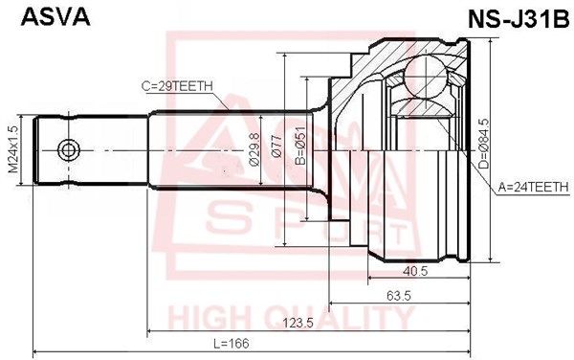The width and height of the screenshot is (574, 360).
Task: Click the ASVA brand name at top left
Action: pyautogui.click(x=55, y=17)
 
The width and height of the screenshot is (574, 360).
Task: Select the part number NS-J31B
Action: pyautogui.click(x=519, y=19)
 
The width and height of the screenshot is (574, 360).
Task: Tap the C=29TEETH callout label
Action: pyautogui.click(x=177, y=86)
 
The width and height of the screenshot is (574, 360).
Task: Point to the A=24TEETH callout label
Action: pyautogui.click(x=534, y=188)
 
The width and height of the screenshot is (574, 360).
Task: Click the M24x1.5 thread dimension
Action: pyautogui.click(x=13, y=149)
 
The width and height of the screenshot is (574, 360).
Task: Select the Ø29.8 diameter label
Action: pyautogui.click(x=254, y=149)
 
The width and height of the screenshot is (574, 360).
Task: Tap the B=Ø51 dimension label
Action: pyautogui.click(x=300, y=146)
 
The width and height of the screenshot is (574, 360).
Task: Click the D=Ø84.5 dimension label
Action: pyautogui.click(x=483, y=144)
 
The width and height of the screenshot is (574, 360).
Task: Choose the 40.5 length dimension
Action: pyautogui.click(x=415, y=271)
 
